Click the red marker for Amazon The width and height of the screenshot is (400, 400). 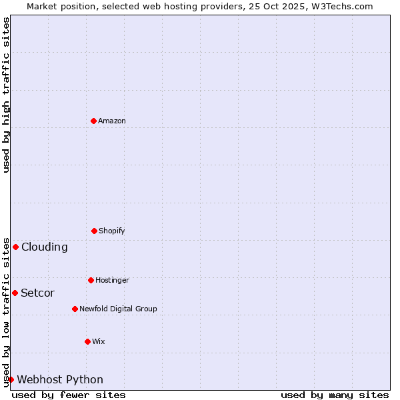click(x=93, y=121)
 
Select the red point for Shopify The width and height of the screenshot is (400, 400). click(x=94, y=231)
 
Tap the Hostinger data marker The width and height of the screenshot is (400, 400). click(x=91, y=280)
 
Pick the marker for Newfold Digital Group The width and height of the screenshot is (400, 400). click(x=75, y=309)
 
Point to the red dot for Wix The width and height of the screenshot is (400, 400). click(x=87, y=341)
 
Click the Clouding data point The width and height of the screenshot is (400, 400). click(x=15, y=247)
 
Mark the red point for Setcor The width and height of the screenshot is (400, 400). click(x=15, y=293)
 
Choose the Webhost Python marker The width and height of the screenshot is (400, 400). click(x=11, y=379)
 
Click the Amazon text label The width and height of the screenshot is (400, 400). click(x=112, y=121)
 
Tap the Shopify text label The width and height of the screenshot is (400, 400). click(x=112, y=231)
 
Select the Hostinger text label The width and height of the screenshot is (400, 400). click(x=112, y=280)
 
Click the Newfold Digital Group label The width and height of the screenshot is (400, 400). click(x=118, y=309)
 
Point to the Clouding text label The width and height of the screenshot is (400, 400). click(x=45, y=247)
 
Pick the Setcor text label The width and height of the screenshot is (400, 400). click(x=38, y=293)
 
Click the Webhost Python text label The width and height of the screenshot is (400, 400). click(x=60, y=379)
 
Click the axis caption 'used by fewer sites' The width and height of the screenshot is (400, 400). click(x=69, y=395)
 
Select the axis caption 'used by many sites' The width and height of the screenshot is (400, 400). click(x=335, y=395)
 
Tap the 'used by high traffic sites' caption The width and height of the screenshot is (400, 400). click(x=6, y=95)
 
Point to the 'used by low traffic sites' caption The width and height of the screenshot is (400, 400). click(x=6, y=312)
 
